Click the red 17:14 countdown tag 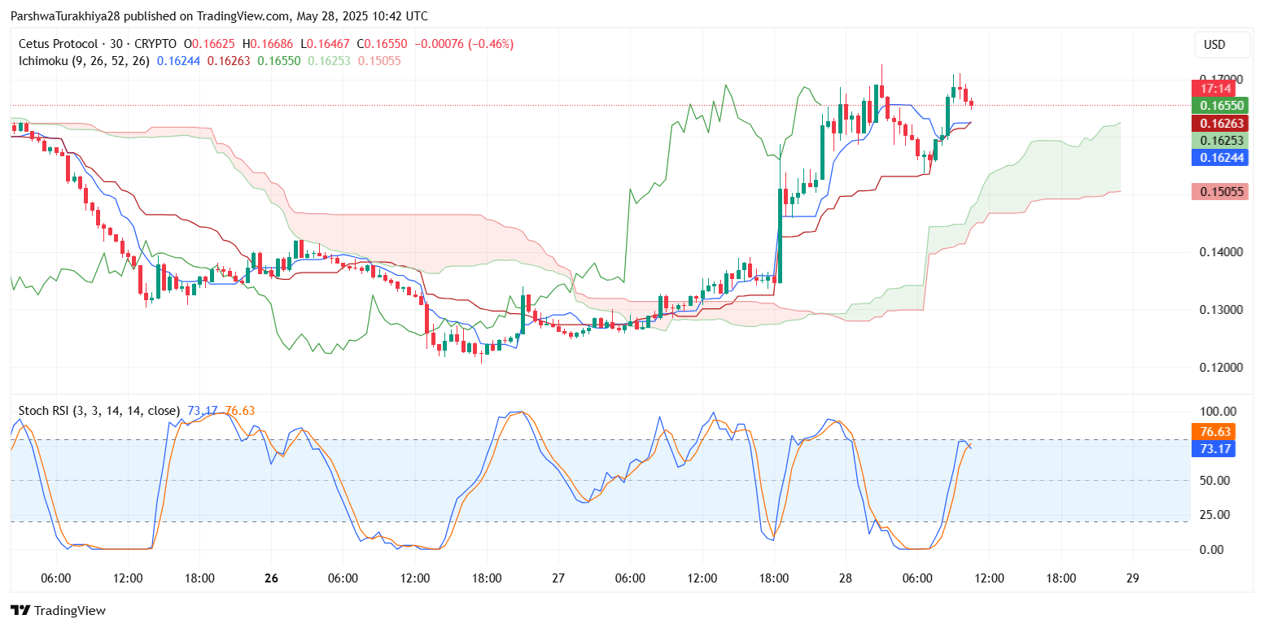pyautogui.click(x=1212, y=88)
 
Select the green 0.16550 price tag pyautogui.click(x=1212, y=106)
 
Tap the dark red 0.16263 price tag pyautogui.click(x=1212, y=123)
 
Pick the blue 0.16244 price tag pyautogui.click(x=1212, y=158)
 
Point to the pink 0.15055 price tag pyautogui.click(x=1212, y=192)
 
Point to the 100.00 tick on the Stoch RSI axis pyautogui.click(x=1218, y=412)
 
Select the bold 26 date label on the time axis pyautogui.click(x=272, y=578)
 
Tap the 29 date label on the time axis pyautogui.click(x=1132, y=578)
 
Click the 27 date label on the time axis pyautogui.click(x=558, y=578)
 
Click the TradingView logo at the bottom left pyautogui.click(x=58, y=610)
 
